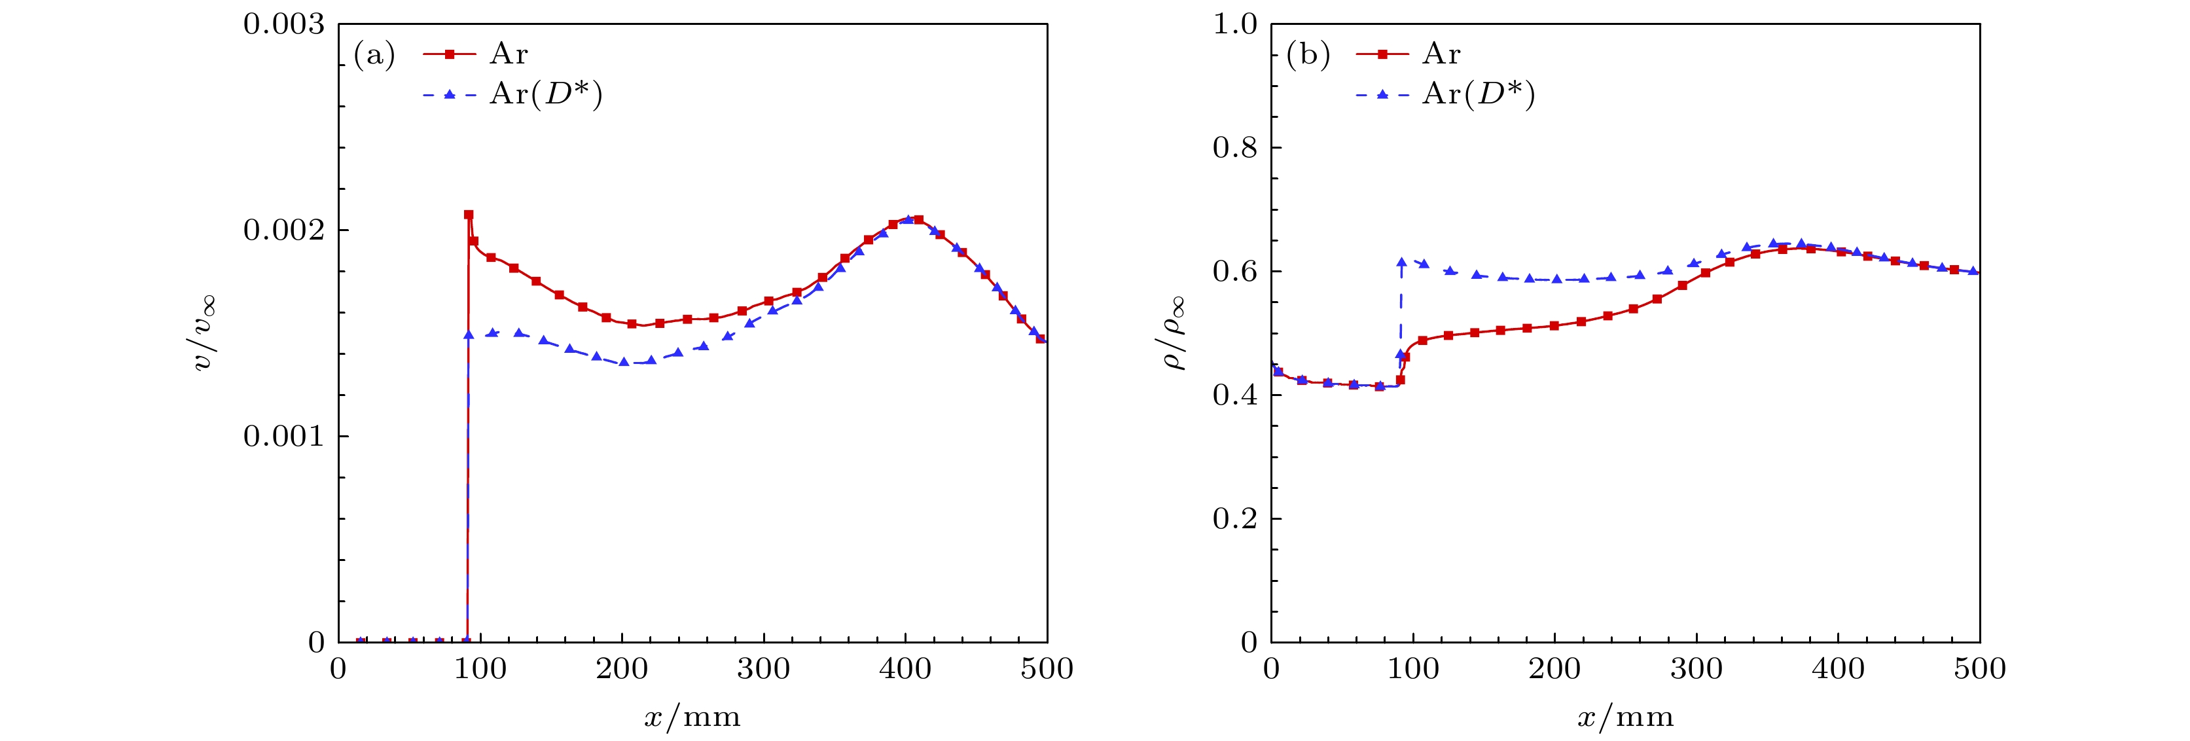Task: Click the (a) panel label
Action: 374,55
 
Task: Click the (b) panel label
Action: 1308,55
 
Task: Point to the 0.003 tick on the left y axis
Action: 283,25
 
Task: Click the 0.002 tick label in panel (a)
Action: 283,230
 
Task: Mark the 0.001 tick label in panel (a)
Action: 283,437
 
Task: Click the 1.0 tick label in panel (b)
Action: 1234,25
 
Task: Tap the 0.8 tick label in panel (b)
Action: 1234,148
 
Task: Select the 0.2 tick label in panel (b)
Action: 1234,519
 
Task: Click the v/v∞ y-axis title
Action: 205,333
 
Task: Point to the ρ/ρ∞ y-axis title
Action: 1174,333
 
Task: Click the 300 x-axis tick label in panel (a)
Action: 763,669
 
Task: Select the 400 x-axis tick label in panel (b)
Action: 1838,669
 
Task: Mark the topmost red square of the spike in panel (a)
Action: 469,215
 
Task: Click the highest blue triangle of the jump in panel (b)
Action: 1401,262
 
